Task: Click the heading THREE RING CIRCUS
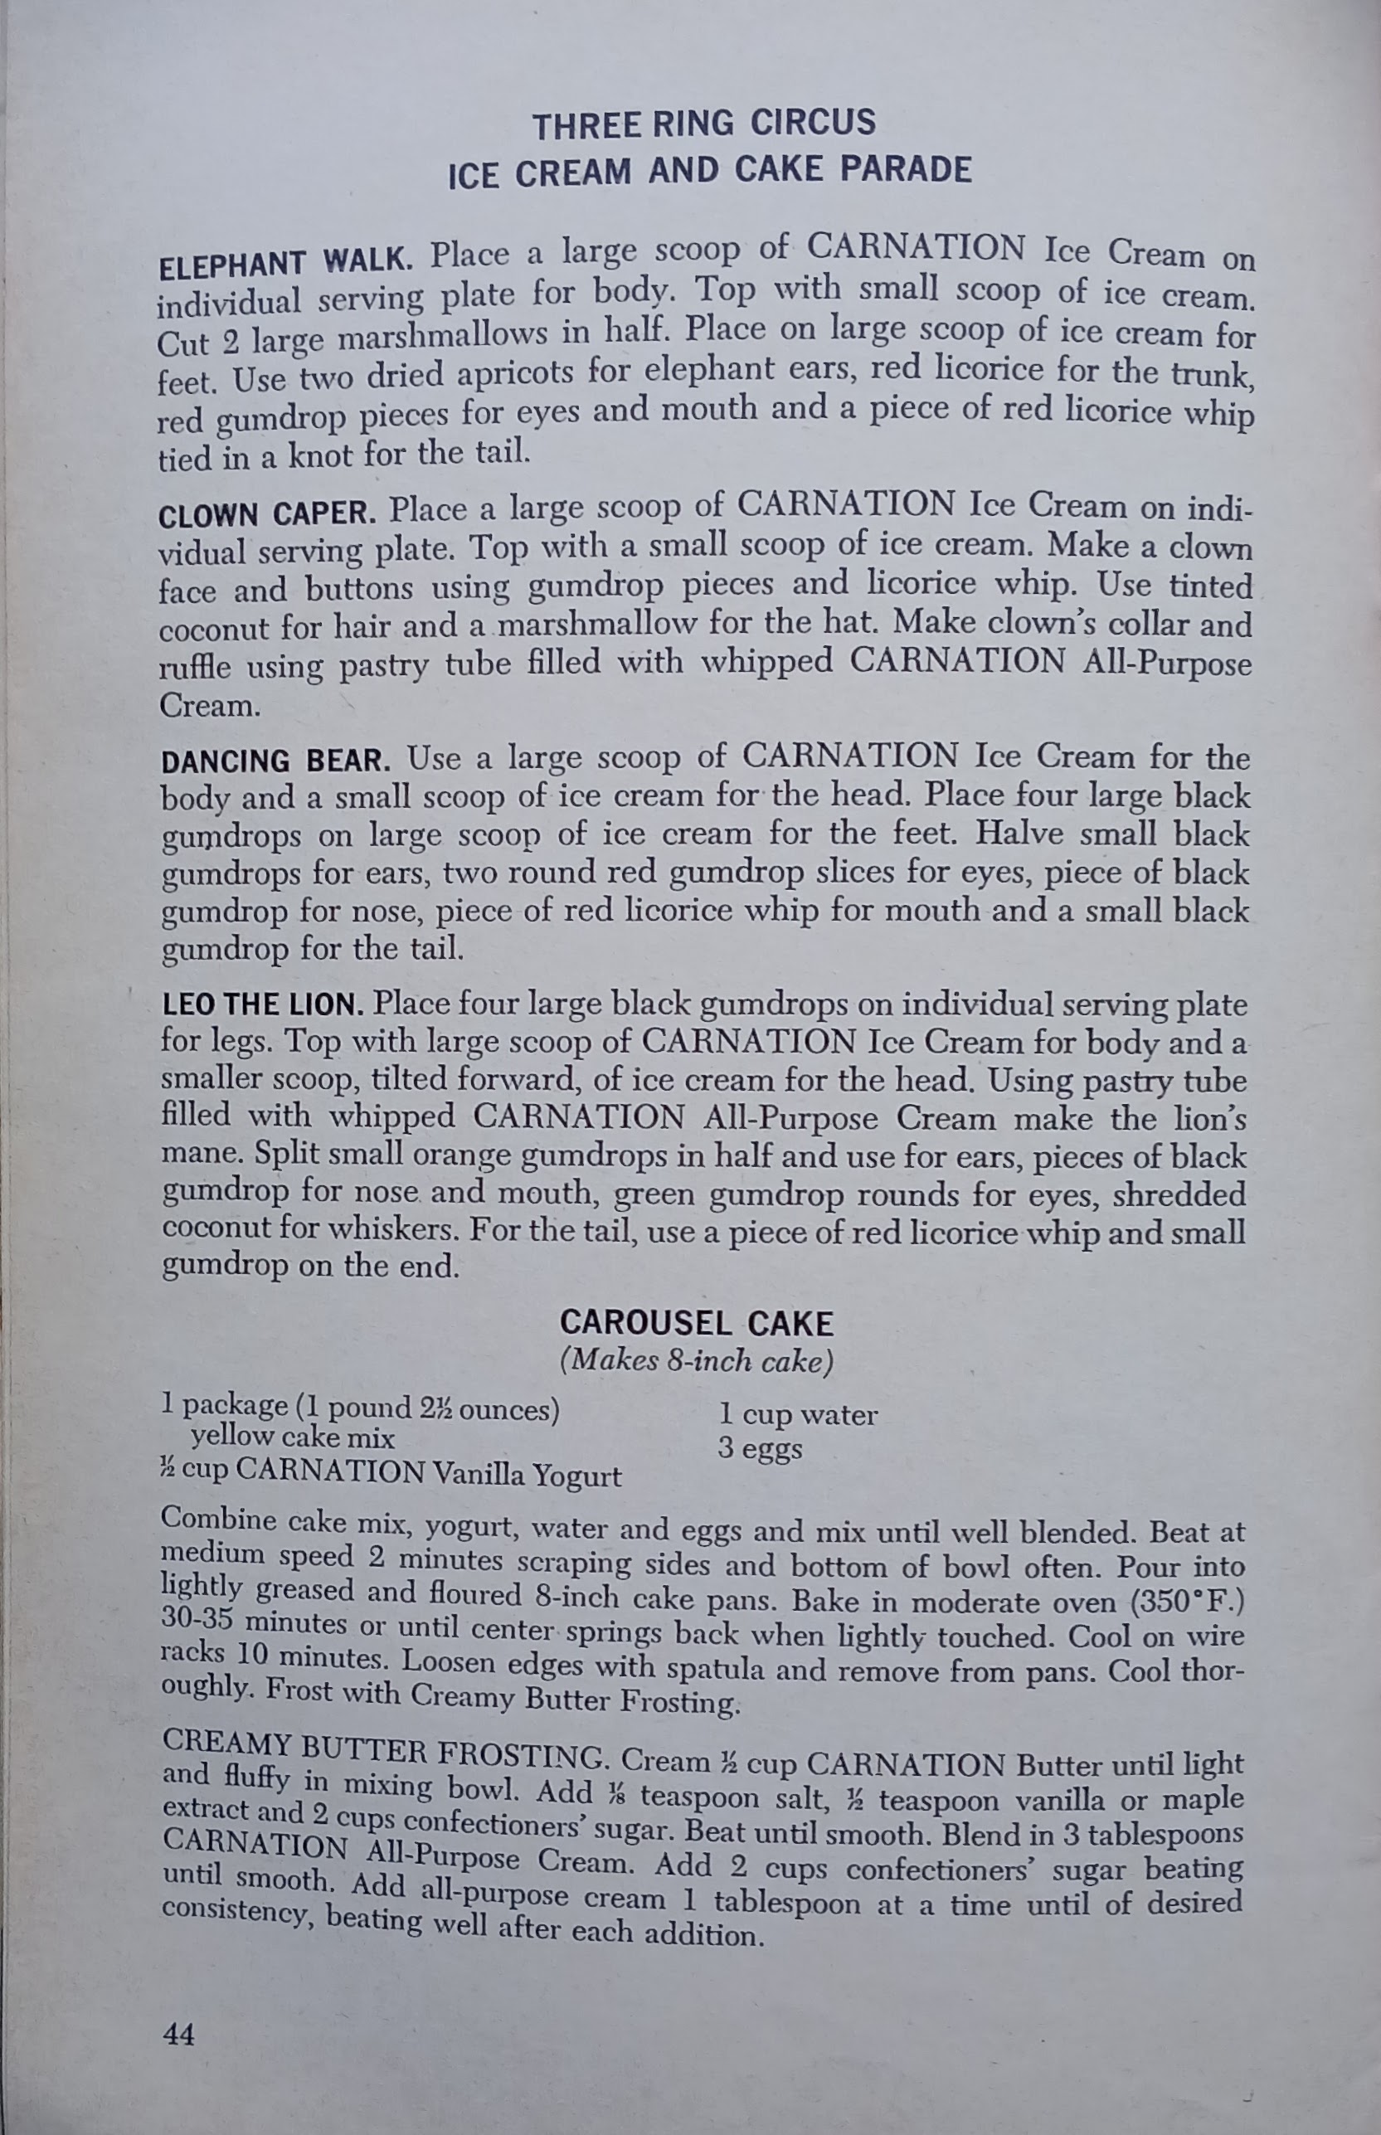pos(704,124)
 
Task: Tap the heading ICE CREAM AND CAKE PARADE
pos(709,170)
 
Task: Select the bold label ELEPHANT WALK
pos(284,262)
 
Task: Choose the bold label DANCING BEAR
pos(275,761)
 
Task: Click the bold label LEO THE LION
pos(263,1004)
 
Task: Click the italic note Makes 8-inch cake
pos(696,1361)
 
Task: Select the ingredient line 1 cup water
pos(797,1415)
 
